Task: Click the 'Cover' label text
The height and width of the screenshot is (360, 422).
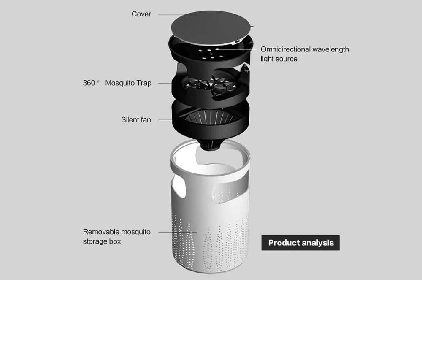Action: click(141, 14)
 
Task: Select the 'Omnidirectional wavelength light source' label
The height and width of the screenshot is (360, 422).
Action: click(304, 54)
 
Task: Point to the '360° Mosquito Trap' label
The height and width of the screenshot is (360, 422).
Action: click(117, 83)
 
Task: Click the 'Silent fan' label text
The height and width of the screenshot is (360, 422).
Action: click(136, 120)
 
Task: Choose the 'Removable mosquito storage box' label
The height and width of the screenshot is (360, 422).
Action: click(116, 237)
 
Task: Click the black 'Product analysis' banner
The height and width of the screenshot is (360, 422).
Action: click(300, 243)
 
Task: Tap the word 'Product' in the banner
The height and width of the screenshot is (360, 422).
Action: click(283, 243)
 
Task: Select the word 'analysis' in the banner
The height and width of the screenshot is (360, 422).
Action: click(317, 243)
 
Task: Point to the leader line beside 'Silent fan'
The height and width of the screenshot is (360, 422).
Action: click(165, 120)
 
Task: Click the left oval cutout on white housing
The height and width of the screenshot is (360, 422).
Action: click(179, 188)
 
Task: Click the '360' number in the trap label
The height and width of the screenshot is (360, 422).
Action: click(89, 83)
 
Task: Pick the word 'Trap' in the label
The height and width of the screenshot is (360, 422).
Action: click(144, 83)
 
